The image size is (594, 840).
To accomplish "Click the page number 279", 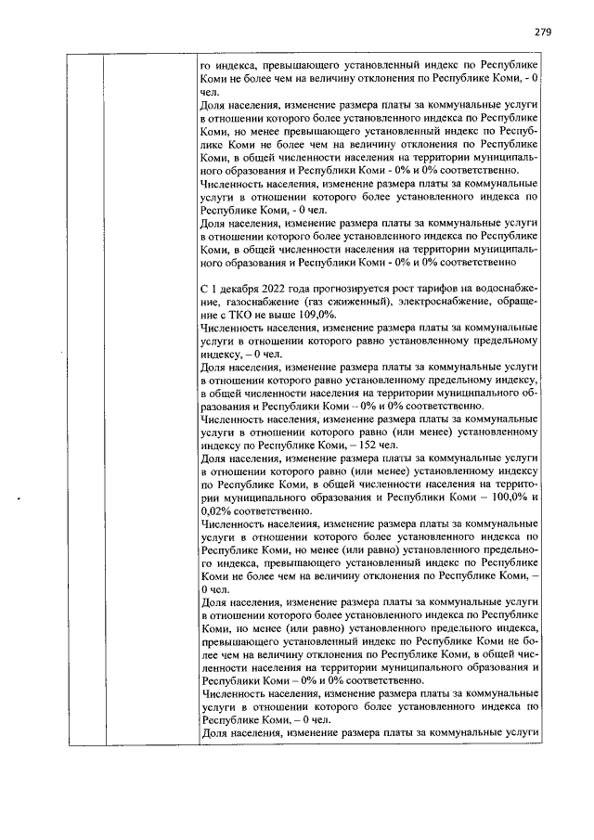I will (x=543, y=32).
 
